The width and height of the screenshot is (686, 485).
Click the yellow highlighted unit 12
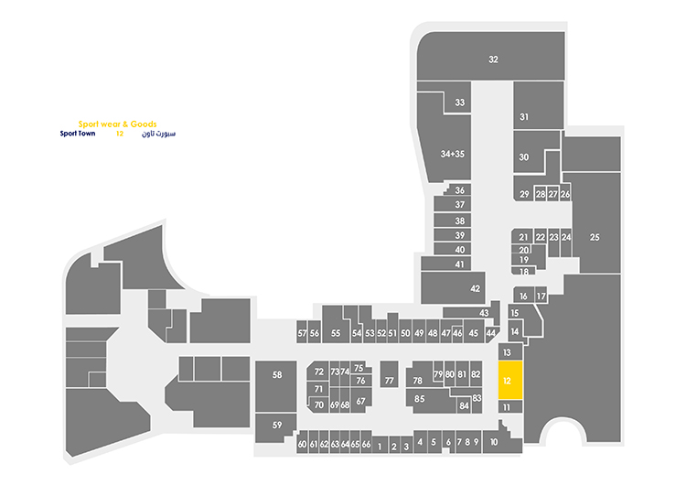tap(509, 380)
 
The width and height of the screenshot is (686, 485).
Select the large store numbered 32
tap(493, 59)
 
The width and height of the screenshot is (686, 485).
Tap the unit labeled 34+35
tap(453, 154)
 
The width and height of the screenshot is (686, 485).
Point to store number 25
tap(595, 238)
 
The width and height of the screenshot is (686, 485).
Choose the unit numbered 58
tap(277, 376)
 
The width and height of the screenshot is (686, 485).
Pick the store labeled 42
tap(475, 288)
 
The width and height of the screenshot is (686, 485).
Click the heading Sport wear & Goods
tap(117, 124)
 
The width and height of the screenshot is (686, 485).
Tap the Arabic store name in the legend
tap(158, 134)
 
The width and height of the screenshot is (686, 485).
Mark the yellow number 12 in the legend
tap(119, 134)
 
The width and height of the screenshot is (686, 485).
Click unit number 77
tap(389, 381)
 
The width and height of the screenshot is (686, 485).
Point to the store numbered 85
tap(420, 399)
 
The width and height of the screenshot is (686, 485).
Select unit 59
tap(277, 425)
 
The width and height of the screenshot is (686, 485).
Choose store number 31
tap(524, 117)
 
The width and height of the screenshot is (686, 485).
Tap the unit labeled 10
tap(494, 443)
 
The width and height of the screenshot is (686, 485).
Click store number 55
tap(336, 333)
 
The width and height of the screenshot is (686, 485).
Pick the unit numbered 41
tap(460, 264)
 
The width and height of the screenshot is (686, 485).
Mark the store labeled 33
tap(460, 102)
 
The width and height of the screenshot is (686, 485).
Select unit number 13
tap(507, 351)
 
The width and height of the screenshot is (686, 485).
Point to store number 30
tap(524, 157)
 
